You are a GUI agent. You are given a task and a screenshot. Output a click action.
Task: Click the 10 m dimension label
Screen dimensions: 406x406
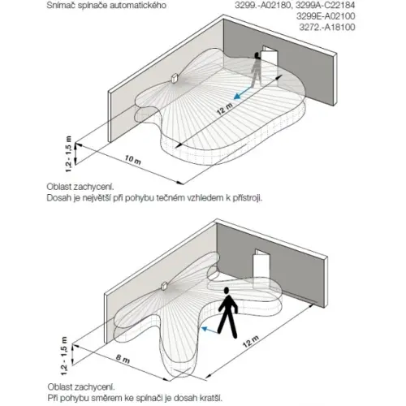tap(133, 159)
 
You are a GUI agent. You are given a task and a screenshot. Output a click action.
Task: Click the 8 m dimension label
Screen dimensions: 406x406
tap(123, 359)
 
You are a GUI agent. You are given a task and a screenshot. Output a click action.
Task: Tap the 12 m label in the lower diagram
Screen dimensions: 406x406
tap(251, 341)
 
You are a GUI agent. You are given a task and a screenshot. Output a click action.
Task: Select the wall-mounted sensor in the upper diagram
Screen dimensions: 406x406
tap(174, 78)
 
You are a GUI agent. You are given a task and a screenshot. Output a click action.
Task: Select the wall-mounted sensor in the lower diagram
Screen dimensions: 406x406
tap(164, 286)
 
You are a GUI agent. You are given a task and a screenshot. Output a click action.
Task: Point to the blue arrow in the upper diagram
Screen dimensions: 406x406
tap(243, 93)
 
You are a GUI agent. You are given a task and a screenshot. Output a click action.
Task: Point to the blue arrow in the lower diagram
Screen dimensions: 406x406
tap(209, 330)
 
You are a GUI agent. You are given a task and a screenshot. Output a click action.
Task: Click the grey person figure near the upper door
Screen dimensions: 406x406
tap(256, 70)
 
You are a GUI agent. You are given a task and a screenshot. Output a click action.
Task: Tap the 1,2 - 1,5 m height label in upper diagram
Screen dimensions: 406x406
tap(69, 153)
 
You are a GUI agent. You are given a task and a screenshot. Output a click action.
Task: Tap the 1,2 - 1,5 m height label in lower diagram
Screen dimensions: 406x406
tap(64, 356)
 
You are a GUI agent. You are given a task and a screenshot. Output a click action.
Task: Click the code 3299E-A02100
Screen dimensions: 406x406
tap(326, 16)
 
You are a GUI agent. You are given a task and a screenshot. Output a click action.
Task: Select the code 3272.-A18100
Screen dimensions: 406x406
tap(327, 27)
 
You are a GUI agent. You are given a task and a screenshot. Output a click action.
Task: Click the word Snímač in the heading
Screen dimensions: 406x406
tap(61, 5)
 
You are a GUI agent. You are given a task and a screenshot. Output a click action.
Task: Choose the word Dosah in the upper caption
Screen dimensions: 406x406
tap(58, 198)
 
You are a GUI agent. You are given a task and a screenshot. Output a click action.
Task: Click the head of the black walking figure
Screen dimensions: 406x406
tap(227, 291)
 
